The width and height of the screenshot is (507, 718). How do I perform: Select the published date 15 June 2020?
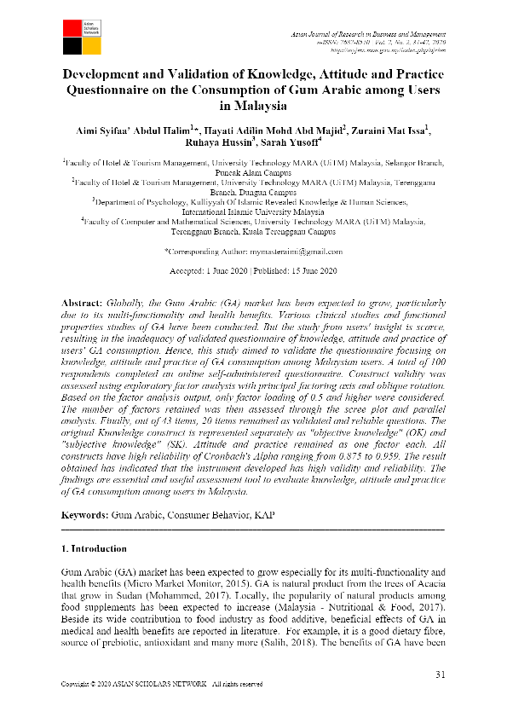pyautogui.click(x=308, y=271)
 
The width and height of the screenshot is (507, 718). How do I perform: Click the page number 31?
pyautogui.click(x=440, y=675)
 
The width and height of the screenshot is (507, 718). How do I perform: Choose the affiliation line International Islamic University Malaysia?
pyautogui.click(x=253, y=211)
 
